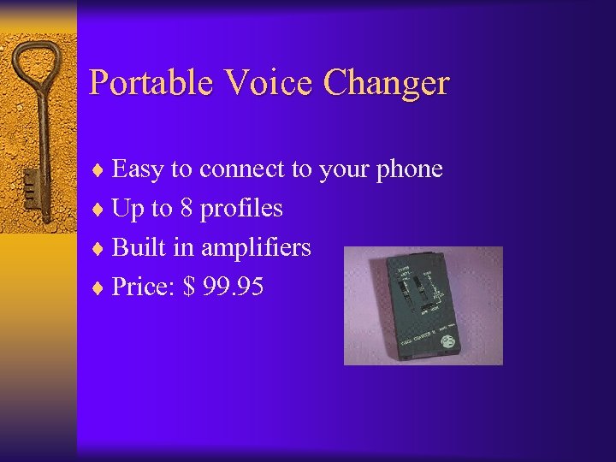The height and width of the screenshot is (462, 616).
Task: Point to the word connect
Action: (242, 169)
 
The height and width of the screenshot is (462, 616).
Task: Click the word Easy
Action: (139, 170)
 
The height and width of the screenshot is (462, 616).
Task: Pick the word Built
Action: (139, 247)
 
